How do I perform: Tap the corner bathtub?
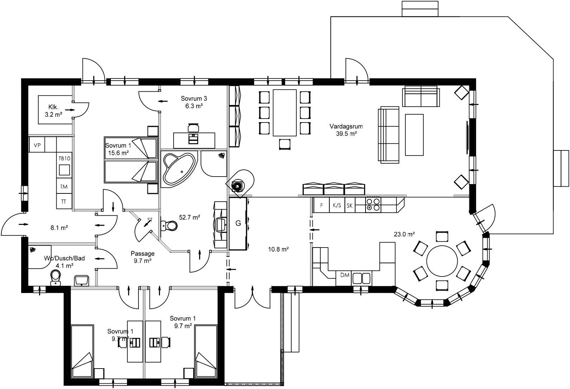[178, 169]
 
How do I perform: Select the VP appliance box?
[37, 145]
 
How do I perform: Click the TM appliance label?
[64, 187]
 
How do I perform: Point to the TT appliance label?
[63, 202]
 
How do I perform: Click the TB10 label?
[64, 158]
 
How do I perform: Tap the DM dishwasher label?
[345, 275]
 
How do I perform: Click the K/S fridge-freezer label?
[336, 206]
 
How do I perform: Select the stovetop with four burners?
[373, 205]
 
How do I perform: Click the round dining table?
[442, 260]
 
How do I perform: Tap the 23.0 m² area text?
[404, 234]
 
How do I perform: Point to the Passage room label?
[142, 254]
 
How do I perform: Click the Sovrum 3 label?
[194, 99]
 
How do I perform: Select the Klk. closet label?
[53, 107]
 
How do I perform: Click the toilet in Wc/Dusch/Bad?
[55, 277]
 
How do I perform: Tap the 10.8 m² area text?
[278, 249]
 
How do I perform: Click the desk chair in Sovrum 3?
[193, 128]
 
